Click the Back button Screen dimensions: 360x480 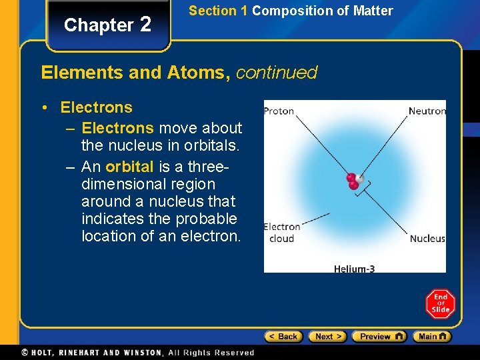click(x=283, y=337)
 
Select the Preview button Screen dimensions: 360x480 click(x=379, y=337)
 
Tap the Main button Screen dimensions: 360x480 click(x=431, y=337)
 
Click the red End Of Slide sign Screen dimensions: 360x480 click(x=440, y=305)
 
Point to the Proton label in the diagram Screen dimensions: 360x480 click(x=279, y=111)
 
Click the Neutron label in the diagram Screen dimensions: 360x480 click(x=427, y=111)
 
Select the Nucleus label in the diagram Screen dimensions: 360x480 click(x=427, y=239)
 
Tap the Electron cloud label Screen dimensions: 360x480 click(x=281, y=233)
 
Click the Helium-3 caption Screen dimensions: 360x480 click(x=354, y=269)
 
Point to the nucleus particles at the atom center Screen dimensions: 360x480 click(x=354, y=181)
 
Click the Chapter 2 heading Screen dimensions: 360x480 click(x=107, y=25)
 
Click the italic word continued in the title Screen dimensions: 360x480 click(x=277, y=72)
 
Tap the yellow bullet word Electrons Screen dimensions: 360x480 click(x=96, y=107)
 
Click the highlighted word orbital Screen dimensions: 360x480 click(x=129, y=167)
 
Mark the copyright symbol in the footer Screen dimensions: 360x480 click(x=25, y=353)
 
